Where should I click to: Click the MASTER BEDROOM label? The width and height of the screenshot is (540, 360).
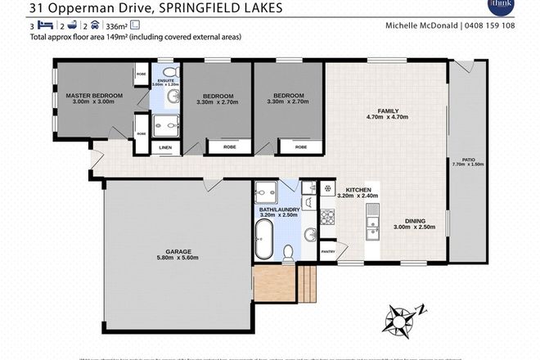click(x=94, y=96)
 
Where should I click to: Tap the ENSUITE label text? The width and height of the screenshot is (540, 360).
click(x=167, y=81)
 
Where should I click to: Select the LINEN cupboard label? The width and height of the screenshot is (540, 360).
click(x=165, y=147)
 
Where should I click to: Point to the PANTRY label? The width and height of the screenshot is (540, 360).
click(x=329, y=251)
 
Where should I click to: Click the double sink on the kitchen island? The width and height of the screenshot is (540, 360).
click(x=375, y=218)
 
